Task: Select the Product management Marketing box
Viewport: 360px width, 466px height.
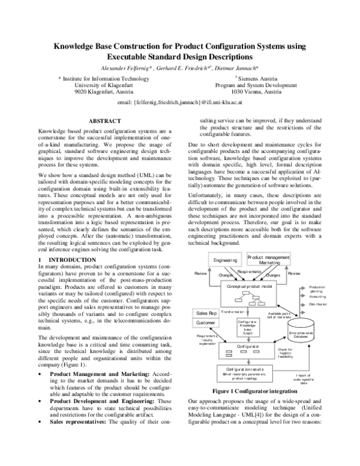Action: click(x=269, y=259)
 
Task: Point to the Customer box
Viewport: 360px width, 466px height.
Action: click(x=206, y=322)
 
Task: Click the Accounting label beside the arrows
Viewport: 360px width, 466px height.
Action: click(x=318, y=296)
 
